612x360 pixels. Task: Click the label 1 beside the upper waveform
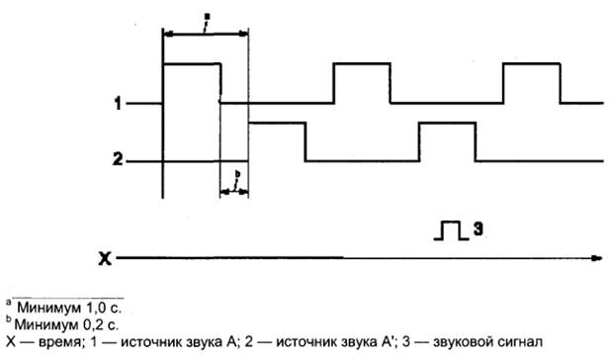[117, 103]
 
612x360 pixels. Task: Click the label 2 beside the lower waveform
[117, 160]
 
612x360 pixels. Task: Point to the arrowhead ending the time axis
[597, 259]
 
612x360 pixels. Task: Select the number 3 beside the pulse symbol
[477, 229]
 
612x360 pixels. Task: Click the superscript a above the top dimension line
[205, 17]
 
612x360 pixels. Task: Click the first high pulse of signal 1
[191, 65]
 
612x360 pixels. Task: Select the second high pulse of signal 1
[363, 65]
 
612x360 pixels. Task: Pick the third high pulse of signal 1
[532, 65]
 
